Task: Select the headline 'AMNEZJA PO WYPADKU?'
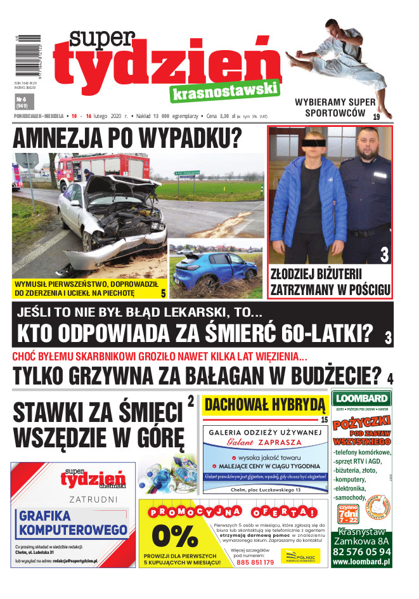click(x=127, y=138)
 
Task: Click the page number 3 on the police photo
click(x=384, y=255)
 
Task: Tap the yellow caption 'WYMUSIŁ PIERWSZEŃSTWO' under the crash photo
click(x=86, y=289)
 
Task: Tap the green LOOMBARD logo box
click(x=361, y=399)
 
